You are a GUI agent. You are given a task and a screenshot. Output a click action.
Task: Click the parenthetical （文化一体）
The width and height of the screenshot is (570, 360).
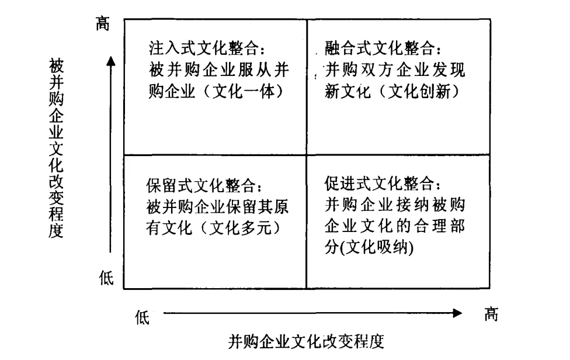coord(242,92)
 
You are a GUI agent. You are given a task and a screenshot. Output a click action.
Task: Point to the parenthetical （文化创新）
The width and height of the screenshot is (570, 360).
coord(419,92)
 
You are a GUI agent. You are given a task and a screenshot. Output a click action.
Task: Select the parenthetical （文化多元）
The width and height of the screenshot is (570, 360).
coord(239,229)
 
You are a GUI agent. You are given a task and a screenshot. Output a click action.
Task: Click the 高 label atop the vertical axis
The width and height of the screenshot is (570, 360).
coord(103,24)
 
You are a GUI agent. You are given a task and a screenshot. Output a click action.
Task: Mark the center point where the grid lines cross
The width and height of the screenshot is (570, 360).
coord(306,155)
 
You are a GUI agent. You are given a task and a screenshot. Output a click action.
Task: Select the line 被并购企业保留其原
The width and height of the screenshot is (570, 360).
coord(217,207)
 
